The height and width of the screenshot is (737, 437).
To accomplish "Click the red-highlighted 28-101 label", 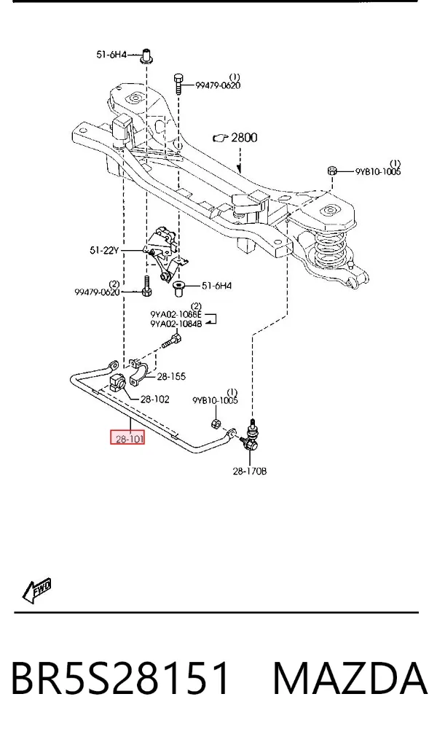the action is (127, 439).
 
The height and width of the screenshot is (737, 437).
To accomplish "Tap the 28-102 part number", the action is (155, 399).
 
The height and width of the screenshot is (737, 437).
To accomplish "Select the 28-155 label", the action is (171, 376).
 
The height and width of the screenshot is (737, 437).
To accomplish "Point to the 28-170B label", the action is (250, 470).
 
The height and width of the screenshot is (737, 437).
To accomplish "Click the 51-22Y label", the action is (105, 251).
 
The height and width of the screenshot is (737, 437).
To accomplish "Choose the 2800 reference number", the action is (244, 138).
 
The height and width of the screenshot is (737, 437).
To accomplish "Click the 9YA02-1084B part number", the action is (176, 324).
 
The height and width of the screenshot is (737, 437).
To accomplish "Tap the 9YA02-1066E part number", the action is (176, 314).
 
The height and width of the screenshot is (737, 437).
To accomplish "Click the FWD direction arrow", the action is (36, 590).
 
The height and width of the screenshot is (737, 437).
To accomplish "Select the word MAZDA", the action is (350, 678).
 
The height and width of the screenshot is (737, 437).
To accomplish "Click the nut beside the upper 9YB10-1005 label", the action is (332, 171).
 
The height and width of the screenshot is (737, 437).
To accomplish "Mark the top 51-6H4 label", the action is (111, 55).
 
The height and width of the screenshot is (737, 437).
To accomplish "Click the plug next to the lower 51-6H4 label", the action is (179, 288).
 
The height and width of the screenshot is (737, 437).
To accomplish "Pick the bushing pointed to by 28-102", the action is (117, 382).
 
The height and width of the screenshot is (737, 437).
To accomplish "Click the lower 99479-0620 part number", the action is (97, 292).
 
